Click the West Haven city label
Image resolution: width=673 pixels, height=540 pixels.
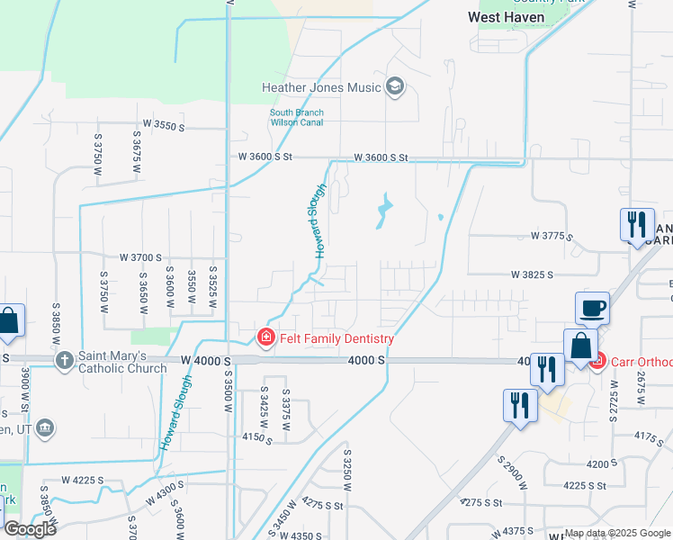[506, 16]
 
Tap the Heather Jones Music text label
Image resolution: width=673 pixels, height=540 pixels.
[321, 87]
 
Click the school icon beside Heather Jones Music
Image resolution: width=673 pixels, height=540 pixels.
[394, 87]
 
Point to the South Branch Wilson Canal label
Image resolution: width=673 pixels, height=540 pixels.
[297, 117]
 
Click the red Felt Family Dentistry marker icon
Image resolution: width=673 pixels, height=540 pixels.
[265, 338]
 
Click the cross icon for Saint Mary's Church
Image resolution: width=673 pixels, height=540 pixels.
[64, 361]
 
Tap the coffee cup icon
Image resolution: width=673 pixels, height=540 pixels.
[592, 309]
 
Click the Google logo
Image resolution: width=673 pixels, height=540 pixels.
[30, 529]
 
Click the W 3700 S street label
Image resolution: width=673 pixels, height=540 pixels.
[133, 257]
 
